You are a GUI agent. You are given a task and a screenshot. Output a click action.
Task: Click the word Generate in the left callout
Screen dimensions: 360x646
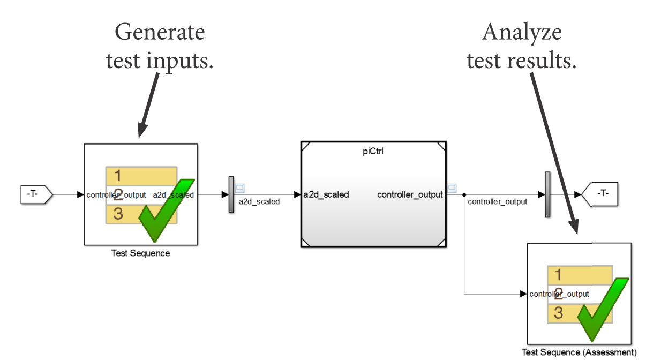[x=160, y=33]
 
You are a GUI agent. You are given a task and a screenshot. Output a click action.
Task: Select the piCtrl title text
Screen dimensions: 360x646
[x=373, y=152]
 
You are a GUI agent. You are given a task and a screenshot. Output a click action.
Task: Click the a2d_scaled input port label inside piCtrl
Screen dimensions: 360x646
[x=326, y=194]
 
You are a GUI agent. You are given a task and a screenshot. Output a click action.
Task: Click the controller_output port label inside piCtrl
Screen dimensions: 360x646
[x=410, y=194]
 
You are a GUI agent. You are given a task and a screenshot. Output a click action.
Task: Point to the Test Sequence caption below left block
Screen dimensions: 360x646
[x=140, y=253]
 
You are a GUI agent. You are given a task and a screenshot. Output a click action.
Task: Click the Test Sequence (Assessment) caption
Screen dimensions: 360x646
[x=579, y=352]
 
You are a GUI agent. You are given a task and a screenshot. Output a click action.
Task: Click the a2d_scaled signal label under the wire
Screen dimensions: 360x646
[x=259, y=202]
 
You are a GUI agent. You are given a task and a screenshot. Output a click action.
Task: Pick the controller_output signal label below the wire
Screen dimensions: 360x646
[x=497, y=202]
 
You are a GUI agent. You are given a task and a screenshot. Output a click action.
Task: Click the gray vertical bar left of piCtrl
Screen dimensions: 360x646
[x=231, y=194]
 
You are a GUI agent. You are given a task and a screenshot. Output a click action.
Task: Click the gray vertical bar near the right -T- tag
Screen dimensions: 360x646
[x=547, y=194]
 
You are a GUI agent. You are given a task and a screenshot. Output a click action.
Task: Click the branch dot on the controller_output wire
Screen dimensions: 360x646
[x=464, y=194]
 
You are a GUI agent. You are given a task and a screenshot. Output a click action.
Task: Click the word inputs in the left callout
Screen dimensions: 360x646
[x=179, y=60]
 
